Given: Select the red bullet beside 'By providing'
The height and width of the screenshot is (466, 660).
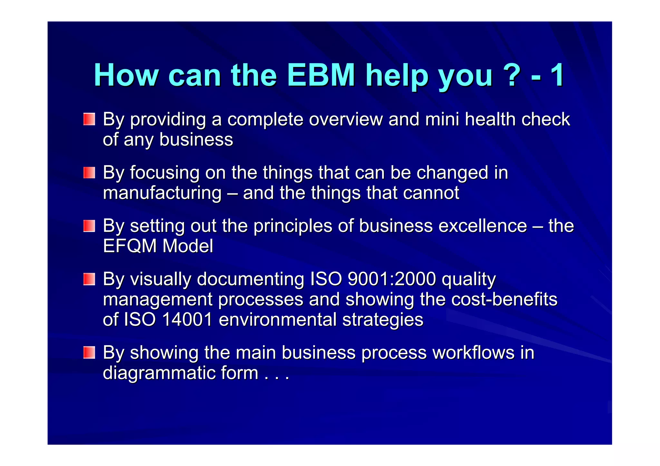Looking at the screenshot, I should coord(89,119).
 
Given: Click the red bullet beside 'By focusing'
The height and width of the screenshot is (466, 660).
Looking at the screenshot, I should coord(89,173).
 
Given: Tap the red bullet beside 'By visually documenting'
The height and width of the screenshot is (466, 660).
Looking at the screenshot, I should coord(89,279).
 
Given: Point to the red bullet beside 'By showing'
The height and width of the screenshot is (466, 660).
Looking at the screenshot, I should coord(89,352).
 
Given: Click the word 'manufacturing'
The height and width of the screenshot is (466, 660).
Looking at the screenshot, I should coord(162,193).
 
